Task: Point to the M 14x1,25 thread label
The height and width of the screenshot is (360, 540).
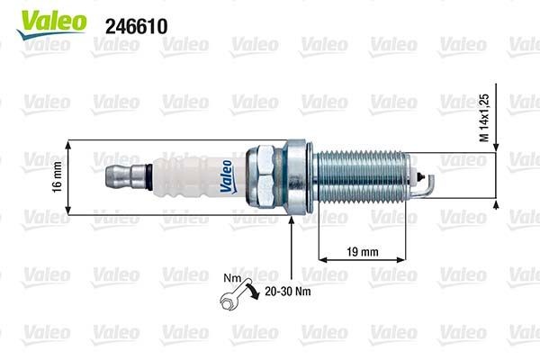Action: [x=483, y=115]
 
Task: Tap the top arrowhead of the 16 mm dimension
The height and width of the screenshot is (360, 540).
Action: [x=69, y=144]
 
